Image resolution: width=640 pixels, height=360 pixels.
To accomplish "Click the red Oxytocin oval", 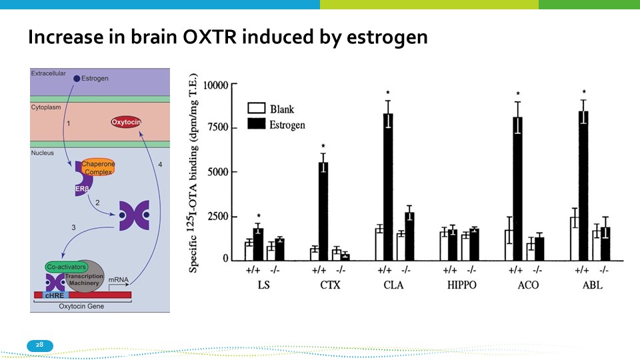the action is (126, 122).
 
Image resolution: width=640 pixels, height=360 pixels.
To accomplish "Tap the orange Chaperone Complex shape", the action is (98, 167).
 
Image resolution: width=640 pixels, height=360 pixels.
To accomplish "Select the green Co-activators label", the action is (67, 267).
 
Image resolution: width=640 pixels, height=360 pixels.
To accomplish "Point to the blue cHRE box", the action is (54, 295).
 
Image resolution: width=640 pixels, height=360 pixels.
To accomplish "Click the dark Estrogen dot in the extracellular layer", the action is (76, 79).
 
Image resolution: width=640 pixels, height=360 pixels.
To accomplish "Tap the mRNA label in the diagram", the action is (119, 279).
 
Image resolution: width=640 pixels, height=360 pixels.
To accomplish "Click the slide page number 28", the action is (39, 345).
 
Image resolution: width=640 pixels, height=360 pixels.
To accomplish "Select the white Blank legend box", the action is (256, 108).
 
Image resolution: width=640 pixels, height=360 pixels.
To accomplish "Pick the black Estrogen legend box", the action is (256, 123).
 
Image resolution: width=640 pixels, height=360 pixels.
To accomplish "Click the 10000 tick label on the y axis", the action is (215, 85).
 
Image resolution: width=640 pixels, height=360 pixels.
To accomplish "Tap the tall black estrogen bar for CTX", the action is (323, 211).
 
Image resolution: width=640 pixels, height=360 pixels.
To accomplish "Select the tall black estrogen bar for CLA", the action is (388, 187).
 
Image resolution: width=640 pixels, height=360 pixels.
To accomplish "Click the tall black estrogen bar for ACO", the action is (517, 189).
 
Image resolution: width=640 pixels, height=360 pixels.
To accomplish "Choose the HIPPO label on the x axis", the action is (461, 285).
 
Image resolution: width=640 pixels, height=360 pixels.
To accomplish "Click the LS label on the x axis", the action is (264, 285).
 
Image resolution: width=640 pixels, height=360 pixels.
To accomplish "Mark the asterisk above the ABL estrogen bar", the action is (584, 92).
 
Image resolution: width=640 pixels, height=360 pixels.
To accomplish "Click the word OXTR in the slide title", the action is (209, 37).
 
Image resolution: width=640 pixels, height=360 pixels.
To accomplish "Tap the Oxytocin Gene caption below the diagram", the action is (81, 306).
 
